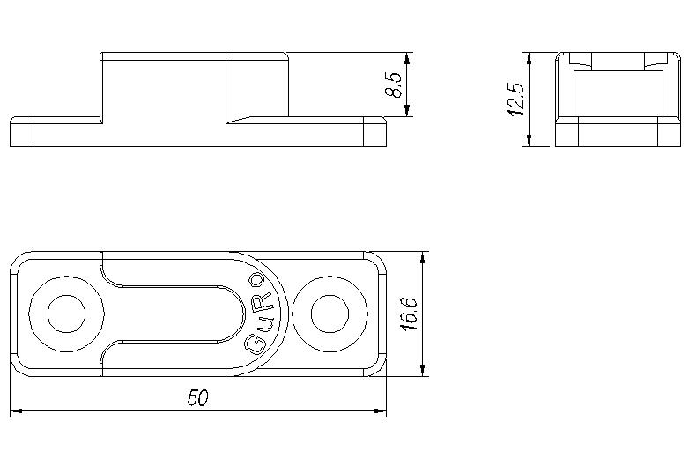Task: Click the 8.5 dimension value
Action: click(x=393, y=85)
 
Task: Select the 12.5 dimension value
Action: click(x=516, y=100)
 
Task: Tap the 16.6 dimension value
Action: click(x=409, y=314)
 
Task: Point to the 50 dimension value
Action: click(x=197, y=398)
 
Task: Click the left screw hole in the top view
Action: click(x=66, y=314)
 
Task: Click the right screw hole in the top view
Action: click(x=330, y=314)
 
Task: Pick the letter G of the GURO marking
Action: click(x=256, y=343)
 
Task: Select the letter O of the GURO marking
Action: click(x=256, y=281)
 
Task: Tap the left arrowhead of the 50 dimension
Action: click(x=16, y=411)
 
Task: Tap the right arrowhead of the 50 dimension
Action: click(x=380, y=411)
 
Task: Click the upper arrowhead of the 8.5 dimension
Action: click(x=407, y=59)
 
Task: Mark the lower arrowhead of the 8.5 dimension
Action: click(x=407, y=110)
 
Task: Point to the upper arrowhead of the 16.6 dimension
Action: click(x=423, y=258)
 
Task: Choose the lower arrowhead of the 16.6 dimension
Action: click(x=423, y=370)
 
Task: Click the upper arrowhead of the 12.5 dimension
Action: click(x=530, y=59)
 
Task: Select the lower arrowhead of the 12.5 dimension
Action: click(x=530, y=140)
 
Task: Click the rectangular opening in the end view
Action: click(x=618, y=93)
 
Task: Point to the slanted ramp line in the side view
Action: click(x=240, y=120)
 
